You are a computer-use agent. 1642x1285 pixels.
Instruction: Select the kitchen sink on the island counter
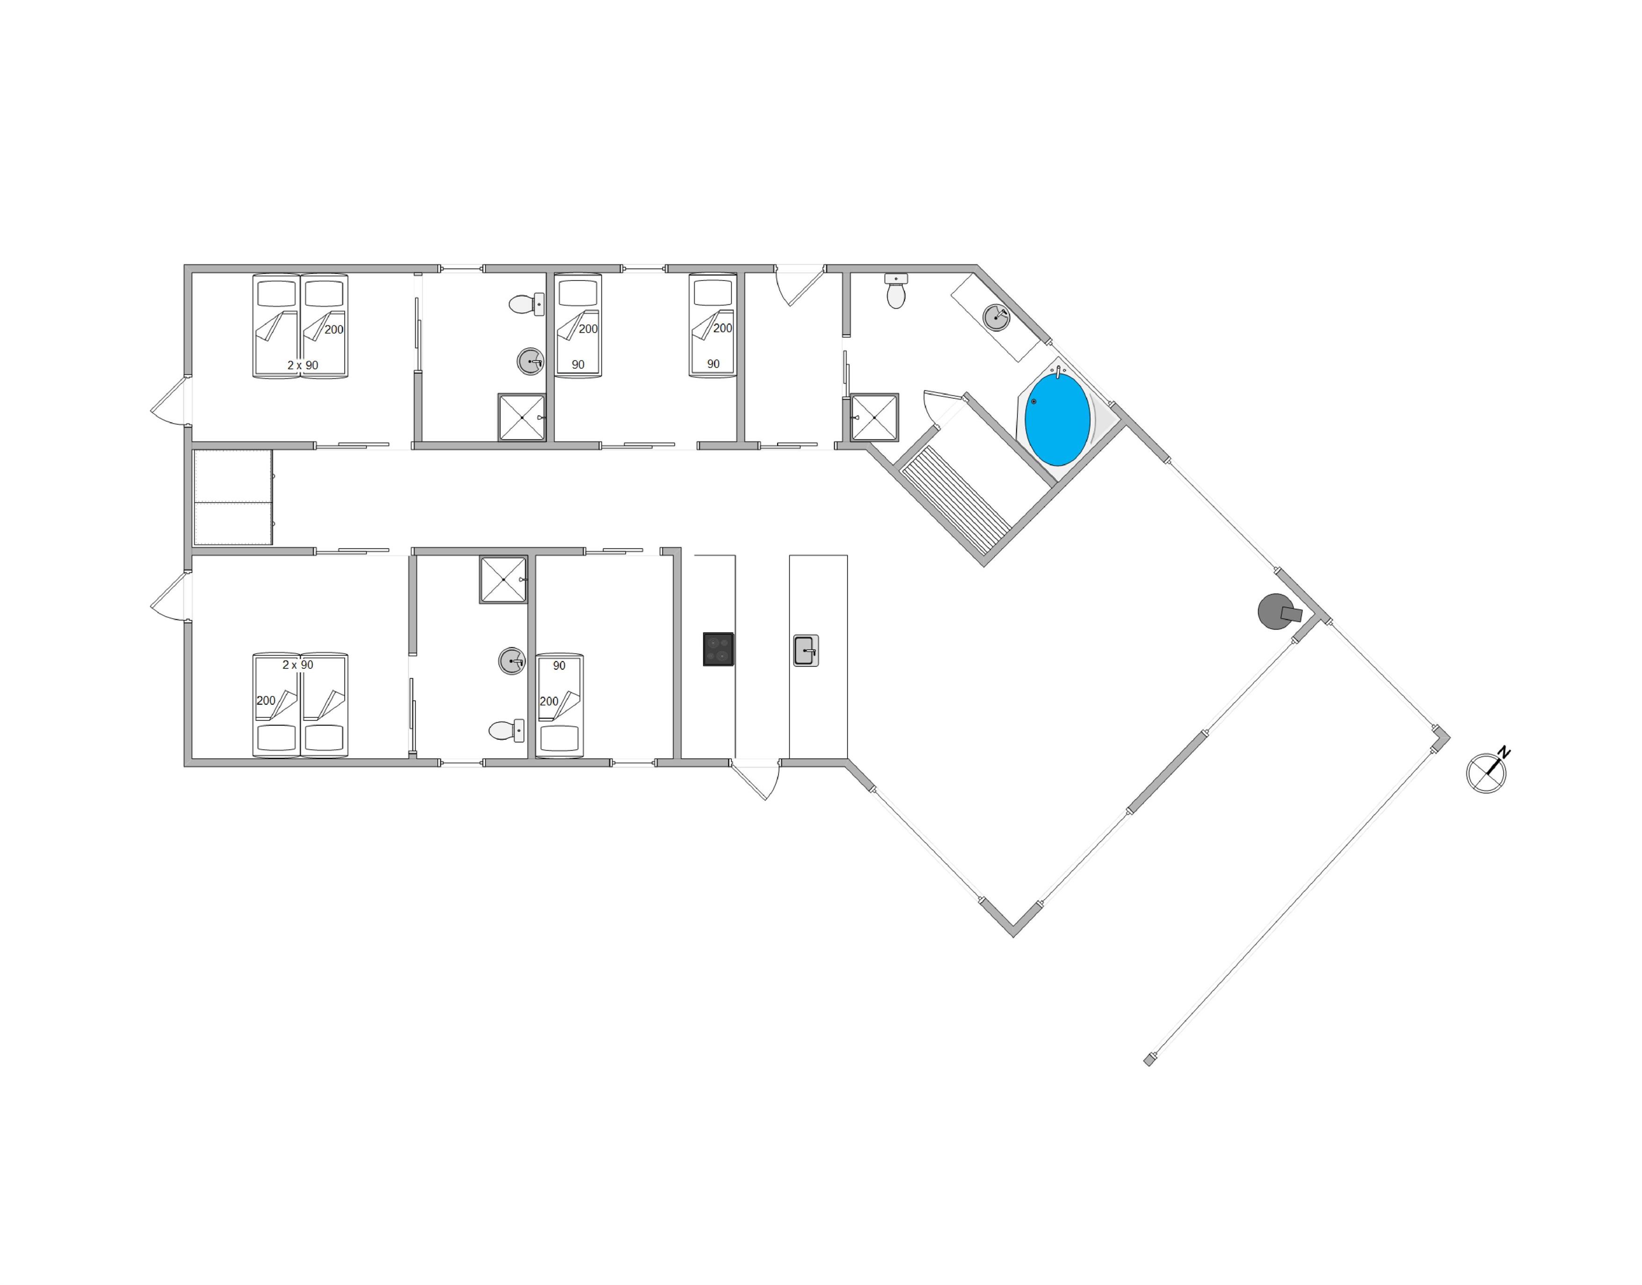[805, 651]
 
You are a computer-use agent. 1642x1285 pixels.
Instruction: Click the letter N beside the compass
[1504, 752]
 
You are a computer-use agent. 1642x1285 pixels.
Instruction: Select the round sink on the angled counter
[996, 317]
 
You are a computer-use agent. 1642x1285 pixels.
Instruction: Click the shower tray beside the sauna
[875, 417]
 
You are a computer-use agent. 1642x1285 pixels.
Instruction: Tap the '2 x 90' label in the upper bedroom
[303, 365]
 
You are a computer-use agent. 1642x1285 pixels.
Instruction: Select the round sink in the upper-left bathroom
[530, 361]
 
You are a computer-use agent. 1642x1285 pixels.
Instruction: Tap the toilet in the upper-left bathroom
[527, 304]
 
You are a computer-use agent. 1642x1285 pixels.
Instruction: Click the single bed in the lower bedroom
[559, 705]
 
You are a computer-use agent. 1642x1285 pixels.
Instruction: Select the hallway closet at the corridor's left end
[232, 497]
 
